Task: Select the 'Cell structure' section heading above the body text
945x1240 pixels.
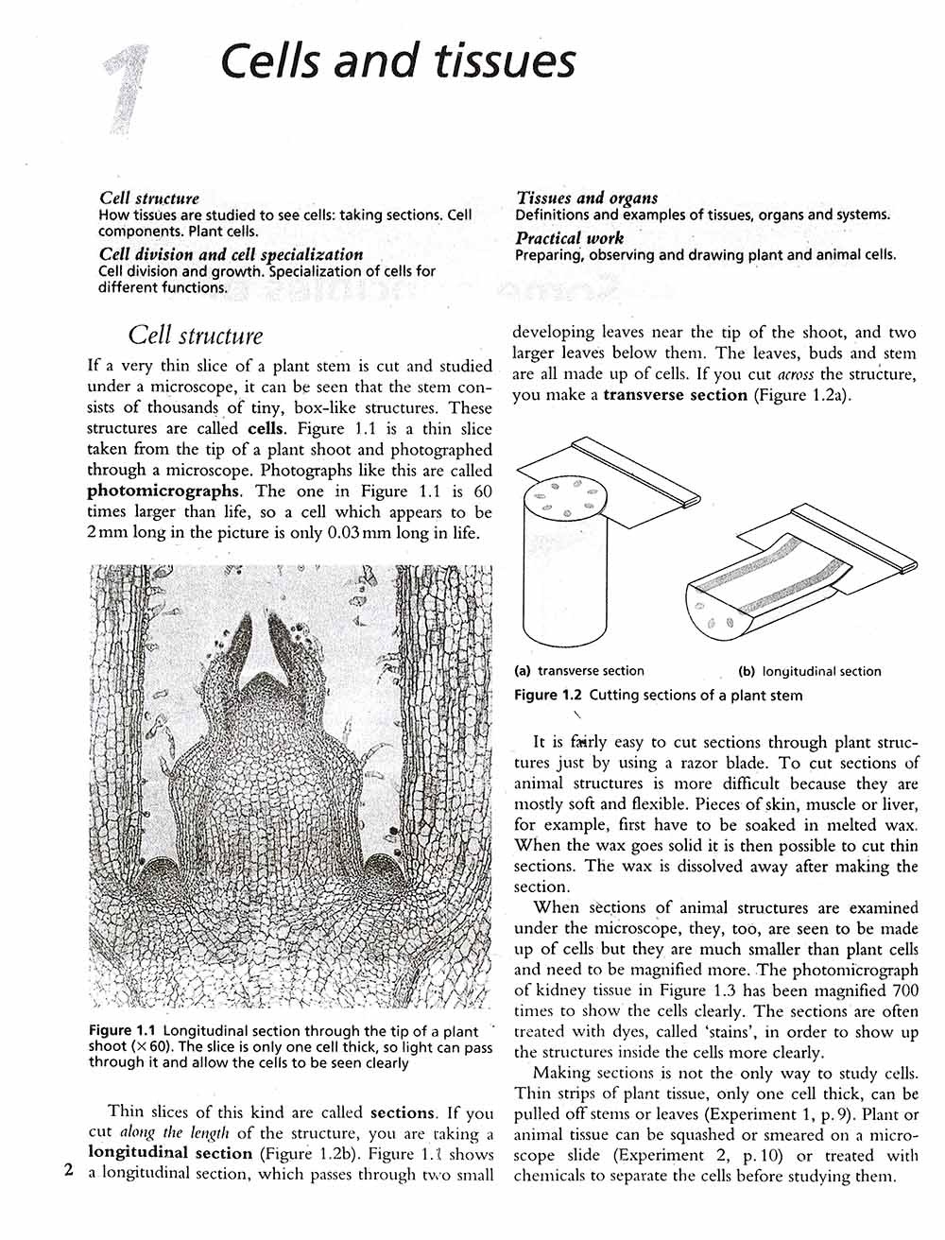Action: click(x=195, y=336)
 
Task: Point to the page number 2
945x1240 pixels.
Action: click(x=67, y=1170)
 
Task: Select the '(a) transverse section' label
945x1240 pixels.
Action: click(x=578, y=671)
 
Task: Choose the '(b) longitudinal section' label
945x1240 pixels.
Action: click(x=809, y=671)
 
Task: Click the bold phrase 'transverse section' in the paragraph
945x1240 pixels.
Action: click(x=675, y=395)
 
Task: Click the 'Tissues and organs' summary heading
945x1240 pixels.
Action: click(x=587, y=198)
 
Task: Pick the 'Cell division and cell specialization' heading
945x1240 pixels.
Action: click(x=232, y=254)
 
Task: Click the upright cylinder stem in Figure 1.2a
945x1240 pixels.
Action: click(x=570, y=577)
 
